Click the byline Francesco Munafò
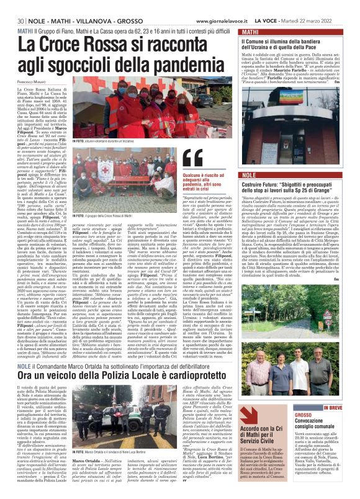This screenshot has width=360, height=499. pos(30,82)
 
